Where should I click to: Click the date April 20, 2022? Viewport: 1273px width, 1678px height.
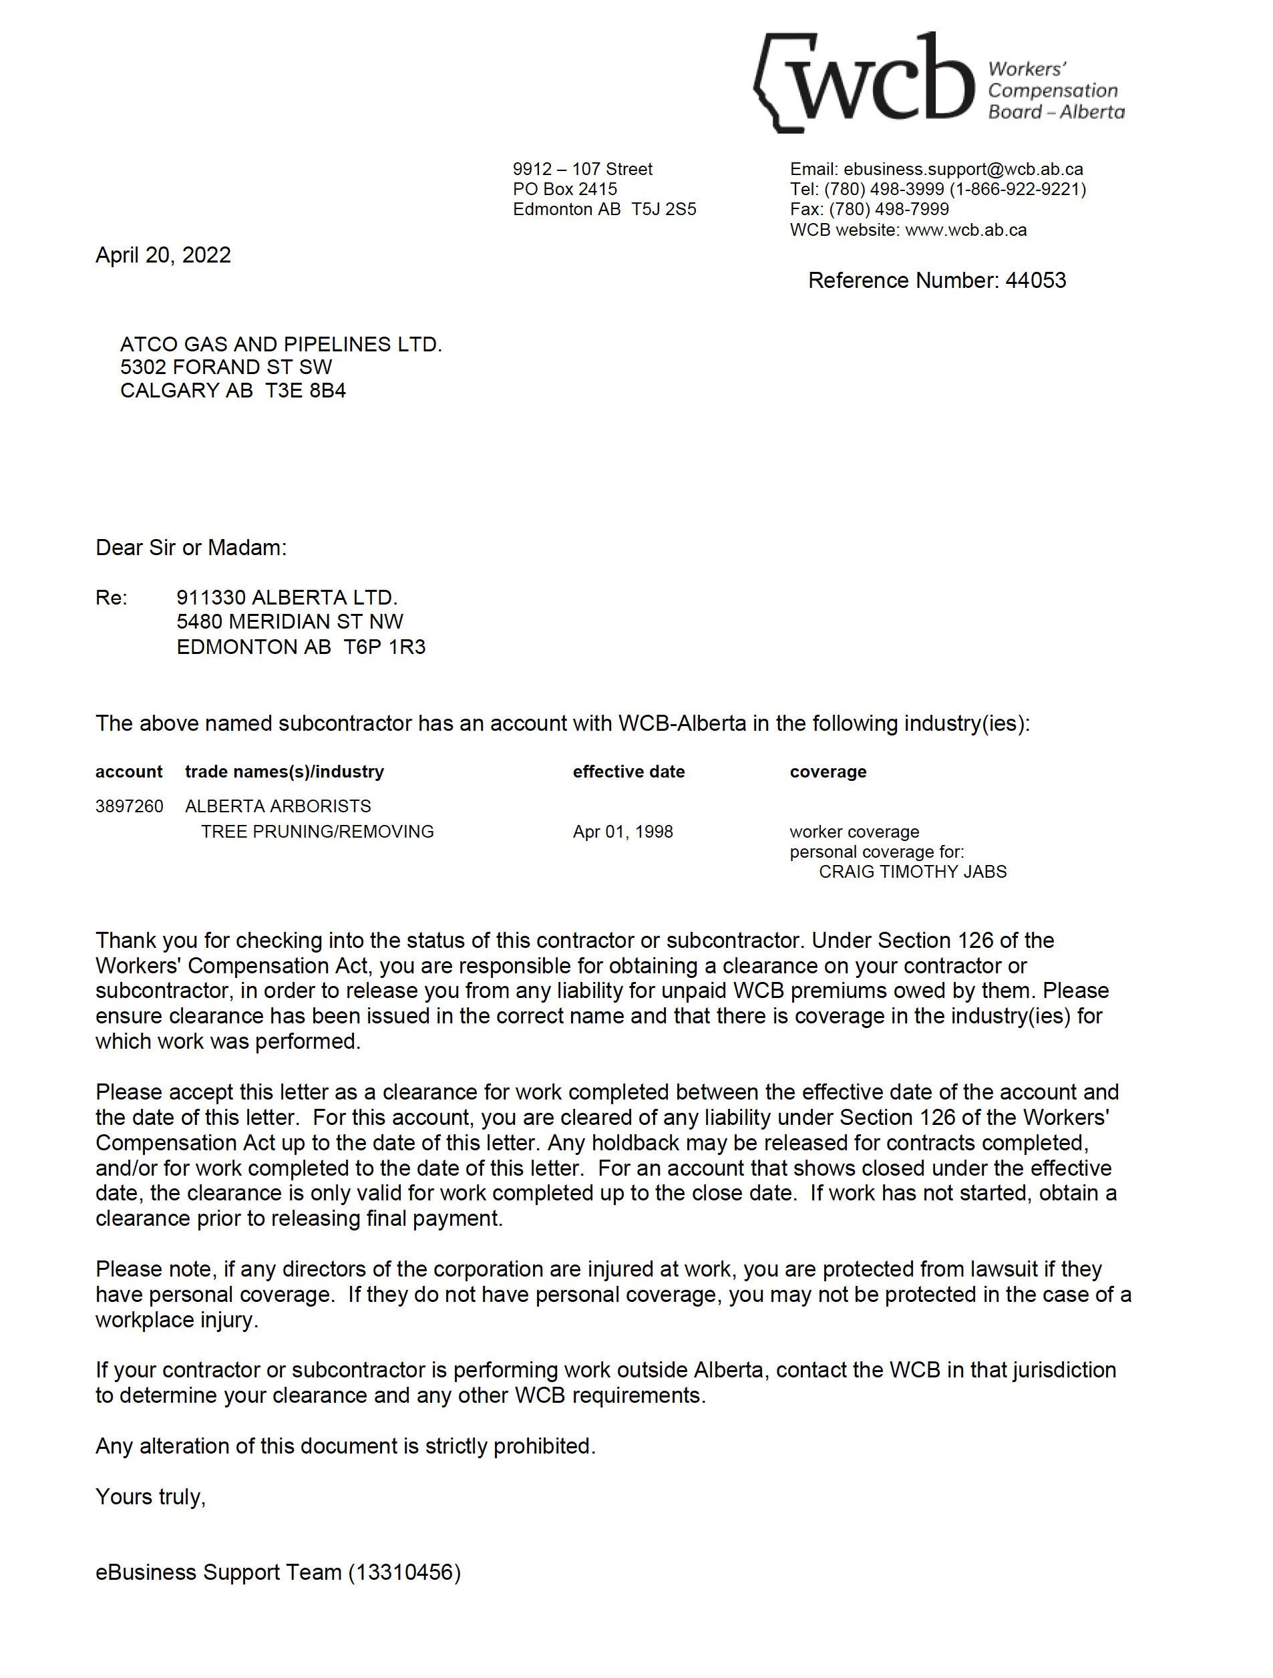coord(163,255)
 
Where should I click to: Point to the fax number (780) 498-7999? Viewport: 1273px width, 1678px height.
coord(888,209)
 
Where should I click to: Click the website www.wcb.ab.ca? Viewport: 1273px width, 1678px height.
coord(966,230)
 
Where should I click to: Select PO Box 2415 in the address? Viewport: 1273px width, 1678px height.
coord(564,189)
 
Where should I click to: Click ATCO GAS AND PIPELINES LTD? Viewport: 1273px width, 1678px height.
coord(281,345)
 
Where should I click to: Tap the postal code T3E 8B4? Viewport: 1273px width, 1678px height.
coord(305,391)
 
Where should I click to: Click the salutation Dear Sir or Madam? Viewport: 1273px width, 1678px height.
coord(191,548)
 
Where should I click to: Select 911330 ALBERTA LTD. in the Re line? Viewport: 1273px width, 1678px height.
coord(287,598)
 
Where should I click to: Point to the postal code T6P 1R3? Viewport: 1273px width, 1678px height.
coord(384,647)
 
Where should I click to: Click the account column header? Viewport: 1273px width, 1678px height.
coord(129,772)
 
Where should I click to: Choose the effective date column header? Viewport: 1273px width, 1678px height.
coord(628,772)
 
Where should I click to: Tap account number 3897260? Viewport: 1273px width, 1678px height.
coord(129,806)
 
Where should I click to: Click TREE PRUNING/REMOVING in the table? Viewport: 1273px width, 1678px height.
coord(317,832)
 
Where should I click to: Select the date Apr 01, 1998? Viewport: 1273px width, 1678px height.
coord(623,832)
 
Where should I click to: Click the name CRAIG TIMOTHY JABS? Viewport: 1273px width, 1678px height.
coord(912,872)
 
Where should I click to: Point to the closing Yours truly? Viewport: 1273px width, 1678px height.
coord(150,1497)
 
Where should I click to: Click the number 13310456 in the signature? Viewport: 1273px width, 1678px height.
coord(404,1572)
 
